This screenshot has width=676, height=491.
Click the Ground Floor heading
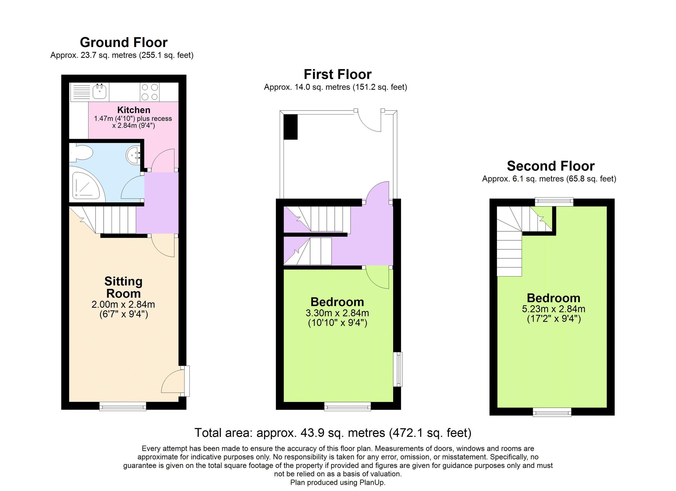coord(123,42)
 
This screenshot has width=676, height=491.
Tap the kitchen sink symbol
coord(99,91)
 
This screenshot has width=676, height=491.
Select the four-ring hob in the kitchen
coord(150,92)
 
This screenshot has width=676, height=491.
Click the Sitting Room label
coord(123,287)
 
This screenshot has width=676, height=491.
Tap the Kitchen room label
coord(134,110)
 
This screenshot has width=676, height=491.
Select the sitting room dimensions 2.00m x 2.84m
coord(123,305)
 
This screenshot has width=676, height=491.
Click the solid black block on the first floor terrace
coord(290,127)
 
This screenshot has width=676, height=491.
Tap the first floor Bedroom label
coord(337,302)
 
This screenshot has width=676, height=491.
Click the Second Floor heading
coord(550,166)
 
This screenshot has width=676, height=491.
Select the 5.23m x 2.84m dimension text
coord(553,309)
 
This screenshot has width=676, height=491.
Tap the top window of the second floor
coord(554,202)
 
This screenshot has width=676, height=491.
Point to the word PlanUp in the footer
coord(372,482)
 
